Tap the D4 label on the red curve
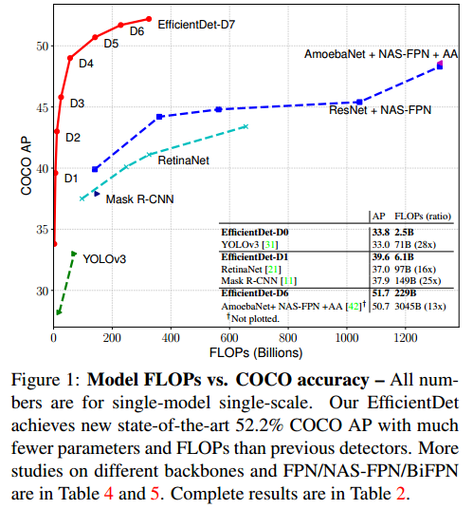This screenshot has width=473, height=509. [x=85, y=64]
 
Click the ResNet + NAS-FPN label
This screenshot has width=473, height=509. [x=380, y=111]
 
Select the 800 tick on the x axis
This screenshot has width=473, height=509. [x=288, y=339]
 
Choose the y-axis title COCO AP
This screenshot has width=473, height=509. [x=26, y=166]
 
